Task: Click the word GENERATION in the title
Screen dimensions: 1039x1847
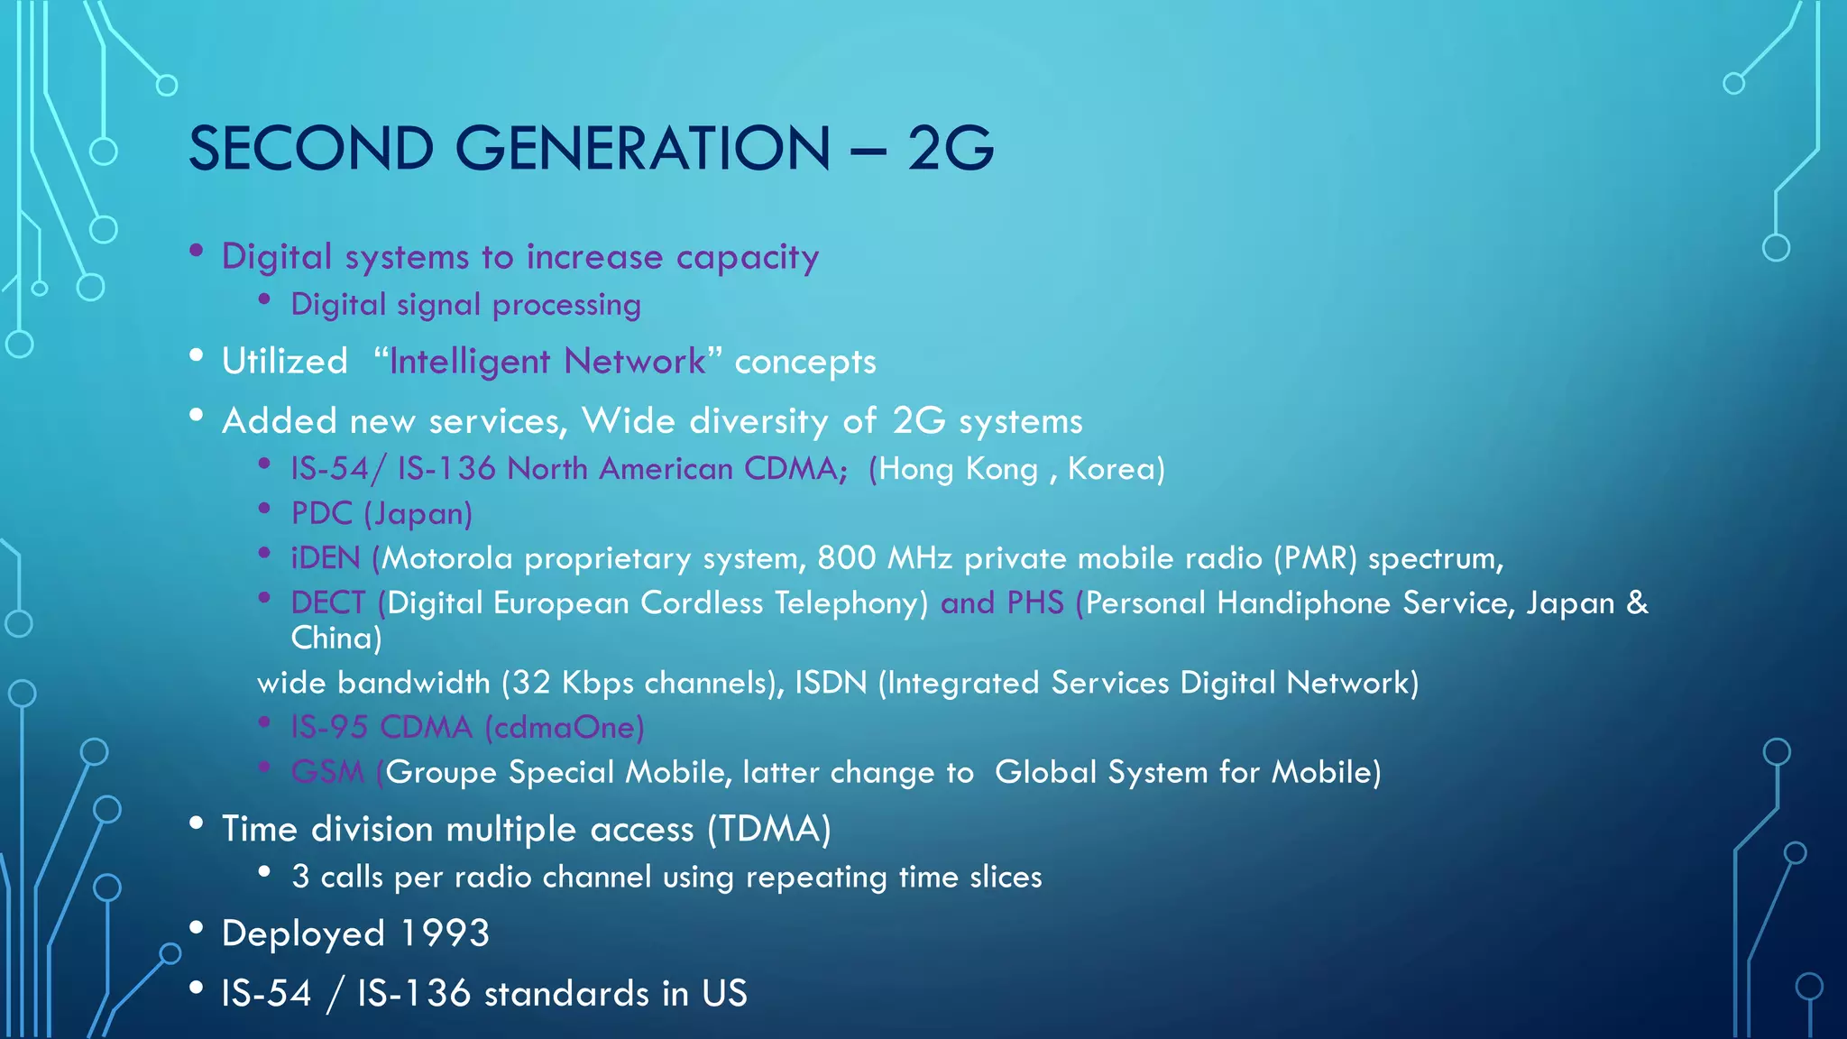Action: (642, 149)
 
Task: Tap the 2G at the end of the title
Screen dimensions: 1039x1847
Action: (950, 149)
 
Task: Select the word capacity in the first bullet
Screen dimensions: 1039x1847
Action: (747, 258)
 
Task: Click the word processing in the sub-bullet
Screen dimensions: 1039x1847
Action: (566, 306)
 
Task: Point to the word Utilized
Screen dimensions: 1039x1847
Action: (285, 362)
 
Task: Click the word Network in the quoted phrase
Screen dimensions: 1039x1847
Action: (635, 362)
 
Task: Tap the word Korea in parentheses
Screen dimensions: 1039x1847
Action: (1111, 469)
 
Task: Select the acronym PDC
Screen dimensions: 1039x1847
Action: (321, 514)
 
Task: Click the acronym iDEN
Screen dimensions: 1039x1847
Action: (326, 558)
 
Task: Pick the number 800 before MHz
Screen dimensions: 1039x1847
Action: (846, 558)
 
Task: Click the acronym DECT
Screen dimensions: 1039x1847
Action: (328, 602)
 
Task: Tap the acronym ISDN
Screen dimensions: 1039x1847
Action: (831, 683)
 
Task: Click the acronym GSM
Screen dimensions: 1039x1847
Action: (327, 772)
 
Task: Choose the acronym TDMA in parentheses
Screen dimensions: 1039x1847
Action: (769, 830)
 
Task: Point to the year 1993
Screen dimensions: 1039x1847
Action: (445, 933)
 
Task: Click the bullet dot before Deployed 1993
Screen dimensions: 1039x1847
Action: (197, 926)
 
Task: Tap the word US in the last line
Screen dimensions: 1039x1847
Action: (724, 994)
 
